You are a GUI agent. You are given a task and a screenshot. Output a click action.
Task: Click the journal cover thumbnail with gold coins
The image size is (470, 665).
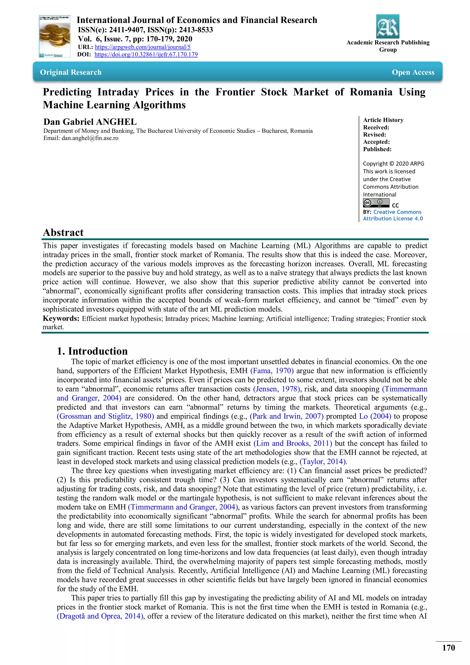point(55,36)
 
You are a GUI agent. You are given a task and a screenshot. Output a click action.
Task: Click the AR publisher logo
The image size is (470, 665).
point(388,26)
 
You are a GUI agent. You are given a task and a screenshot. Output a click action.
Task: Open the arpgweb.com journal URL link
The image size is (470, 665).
point(142,47)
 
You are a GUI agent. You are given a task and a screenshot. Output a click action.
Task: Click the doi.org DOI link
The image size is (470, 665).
point(146,54)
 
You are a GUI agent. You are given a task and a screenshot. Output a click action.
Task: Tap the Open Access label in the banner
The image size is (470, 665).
point(413,72)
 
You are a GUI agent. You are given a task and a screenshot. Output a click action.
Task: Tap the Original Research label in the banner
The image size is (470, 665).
point(71,72)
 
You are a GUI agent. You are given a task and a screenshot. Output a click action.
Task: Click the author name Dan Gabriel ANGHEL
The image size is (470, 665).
point(90,122)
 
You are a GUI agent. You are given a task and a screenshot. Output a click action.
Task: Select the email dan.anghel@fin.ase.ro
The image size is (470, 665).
point(90,138)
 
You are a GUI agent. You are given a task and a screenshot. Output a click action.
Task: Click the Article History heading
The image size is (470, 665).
point(383,120)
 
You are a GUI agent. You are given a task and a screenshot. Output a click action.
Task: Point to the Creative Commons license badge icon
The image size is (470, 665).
point(376,203)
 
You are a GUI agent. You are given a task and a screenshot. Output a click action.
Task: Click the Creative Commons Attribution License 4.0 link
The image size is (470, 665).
point(393,215)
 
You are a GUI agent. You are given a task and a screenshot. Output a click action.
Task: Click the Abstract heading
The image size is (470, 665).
point(63,232)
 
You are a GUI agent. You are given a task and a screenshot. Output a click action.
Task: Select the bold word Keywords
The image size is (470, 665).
point(61,318)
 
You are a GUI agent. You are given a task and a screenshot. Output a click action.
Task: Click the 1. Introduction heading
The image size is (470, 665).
point(92,351)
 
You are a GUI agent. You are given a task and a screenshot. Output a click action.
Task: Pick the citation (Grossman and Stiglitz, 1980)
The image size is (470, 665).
point(105,416)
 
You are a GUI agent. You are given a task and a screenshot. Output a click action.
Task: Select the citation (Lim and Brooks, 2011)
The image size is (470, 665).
point(293,443)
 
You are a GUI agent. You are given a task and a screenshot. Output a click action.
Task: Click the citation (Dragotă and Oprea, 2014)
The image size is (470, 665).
point(100,616)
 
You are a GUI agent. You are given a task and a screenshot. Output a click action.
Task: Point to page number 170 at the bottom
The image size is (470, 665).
point(448,648)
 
